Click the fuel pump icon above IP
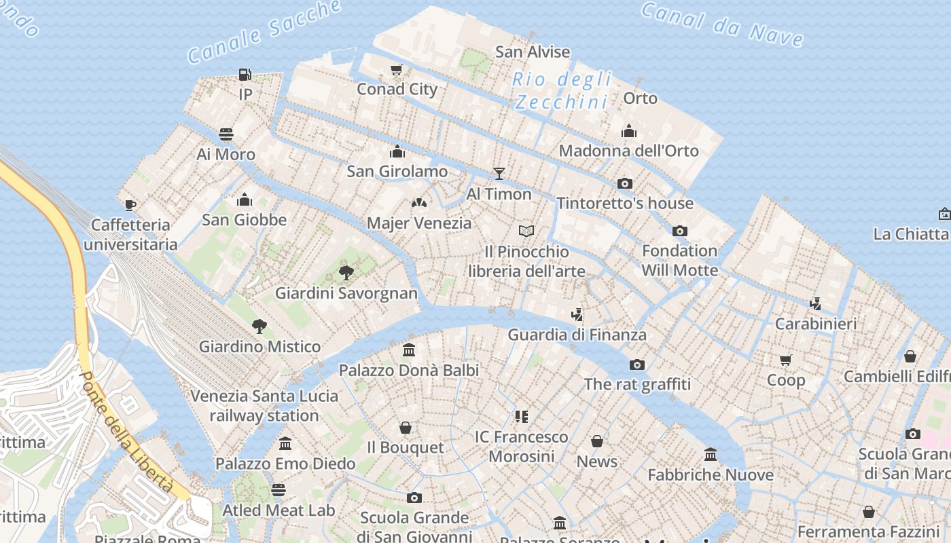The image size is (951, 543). click(x=245, y=75)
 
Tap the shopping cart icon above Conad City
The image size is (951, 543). click(x=397, y=69)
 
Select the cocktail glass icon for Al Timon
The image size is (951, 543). click(x=499, y=174)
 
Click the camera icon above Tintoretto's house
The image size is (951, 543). click(x=625, y=183)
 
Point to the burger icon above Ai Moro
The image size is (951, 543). click(x=226, y=134)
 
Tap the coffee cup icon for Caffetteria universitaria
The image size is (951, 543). click(x=130, y=204)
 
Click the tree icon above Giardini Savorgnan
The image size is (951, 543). click(x=346, y=273)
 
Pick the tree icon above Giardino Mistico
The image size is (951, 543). click(x=259, y=326)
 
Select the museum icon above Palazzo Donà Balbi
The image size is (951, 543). click(x=409, y=350)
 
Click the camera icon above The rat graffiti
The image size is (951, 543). click(x=637, y=364)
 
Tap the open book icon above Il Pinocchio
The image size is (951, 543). click(x=526, y=231)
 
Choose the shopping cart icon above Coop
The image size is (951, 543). click(x=786, y=360)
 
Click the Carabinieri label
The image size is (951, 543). click(x=816, y=324)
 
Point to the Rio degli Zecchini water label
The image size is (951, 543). click(x=561, y=90)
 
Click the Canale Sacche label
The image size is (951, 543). click(x=264, y=31)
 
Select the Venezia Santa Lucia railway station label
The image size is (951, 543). click(x=264, y=406)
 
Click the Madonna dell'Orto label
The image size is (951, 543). click(x=628, y=151)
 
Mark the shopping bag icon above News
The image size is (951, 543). click(x=597, y=442)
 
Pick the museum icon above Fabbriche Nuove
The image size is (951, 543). click(x=711, y=454)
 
